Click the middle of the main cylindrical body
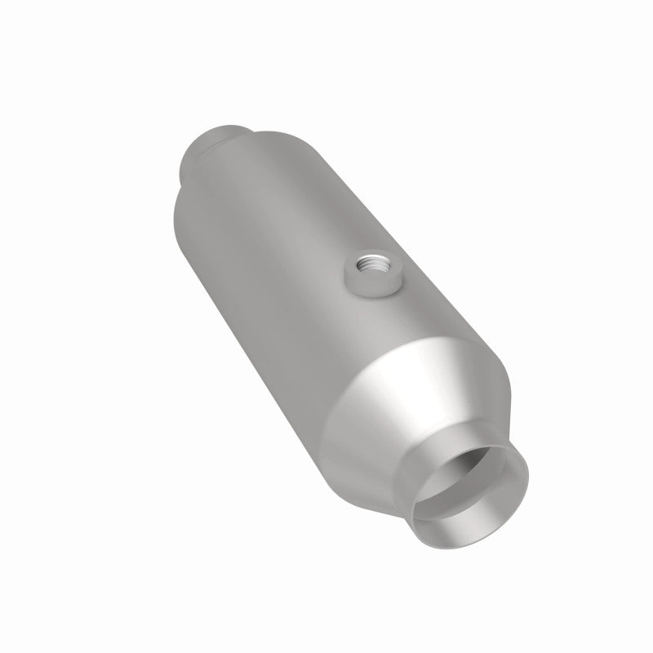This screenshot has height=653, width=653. (294, 269)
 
